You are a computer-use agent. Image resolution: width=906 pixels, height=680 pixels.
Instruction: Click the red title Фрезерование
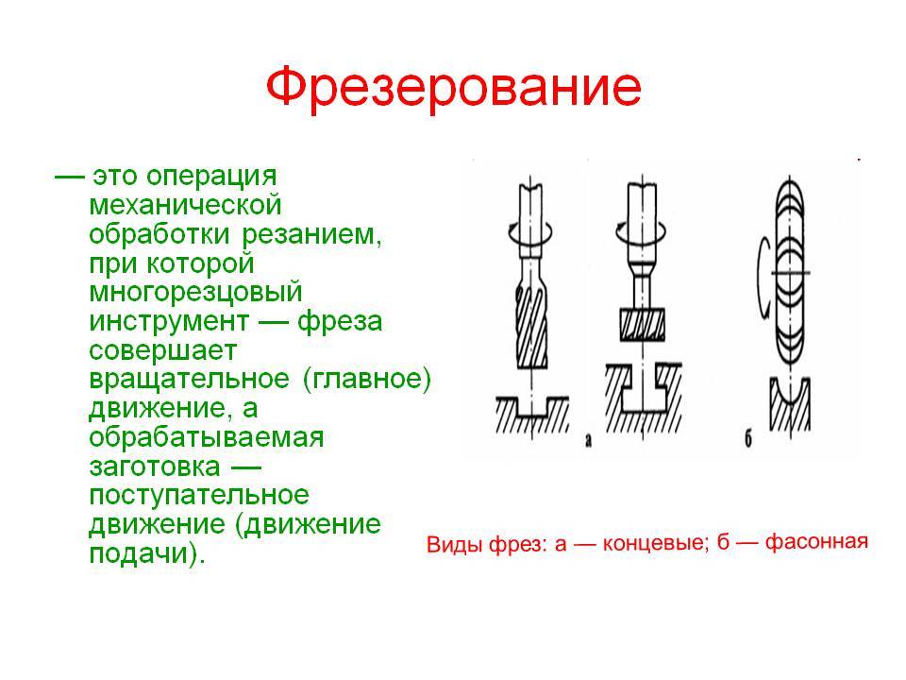click(454, 88)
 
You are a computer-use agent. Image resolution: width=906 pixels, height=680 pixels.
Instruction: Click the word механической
click(186, 205)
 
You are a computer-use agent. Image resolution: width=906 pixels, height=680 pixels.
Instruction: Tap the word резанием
click(311, 235)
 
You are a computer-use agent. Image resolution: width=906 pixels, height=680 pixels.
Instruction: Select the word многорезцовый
click(196, 293)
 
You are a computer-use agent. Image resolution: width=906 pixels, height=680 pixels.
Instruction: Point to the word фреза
click(340, 322)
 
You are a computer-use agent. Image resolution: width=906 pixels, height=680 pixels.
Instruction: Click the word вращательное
click(189, 380)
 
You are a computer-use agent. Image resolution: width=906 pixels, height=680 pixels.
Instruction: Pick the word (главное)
click(367, 380)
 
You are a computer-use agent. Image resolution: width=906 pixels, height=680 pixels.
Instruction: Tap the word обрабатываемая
click(207, 437)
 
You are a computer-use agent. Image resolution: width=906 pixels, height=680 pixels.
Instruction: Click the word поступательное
click(199, 496)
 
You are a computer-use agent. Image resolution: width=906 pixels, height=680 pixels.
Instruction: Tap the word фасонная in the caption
click(816, 542)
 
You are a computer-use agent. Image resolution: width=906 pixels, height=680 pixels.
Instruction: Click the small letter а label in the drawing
click(588, 441)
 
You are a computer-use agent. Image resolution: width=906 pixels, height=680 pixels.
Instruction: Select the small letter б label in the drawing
click(748, 440)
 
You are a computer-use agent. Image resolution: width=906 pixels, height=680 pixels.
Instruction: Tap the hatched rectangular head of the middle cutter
click(643, 324)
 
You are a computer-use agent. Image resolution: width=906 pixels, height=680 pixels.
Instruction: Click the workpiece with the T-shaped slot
click(643, 399)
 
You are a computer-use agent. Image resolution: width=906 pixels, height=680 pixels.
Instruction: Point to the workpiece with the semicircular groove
click(789, 405)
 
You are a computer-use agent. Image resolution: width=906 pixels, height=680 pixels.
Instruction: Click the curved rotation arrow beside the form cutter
click(762, 278)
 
